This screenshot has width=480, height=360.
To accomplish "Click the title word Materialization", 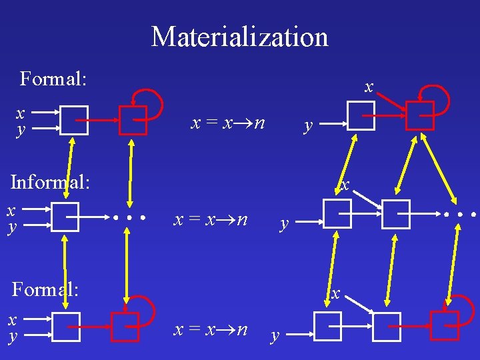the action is pyautogui.click(x=240, y=37).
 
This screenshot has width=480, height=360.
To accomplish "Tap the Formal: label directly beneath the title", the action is pyautogui.click(x=53, y=79).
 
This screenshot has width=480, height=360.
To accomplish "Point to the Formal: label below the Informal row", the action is pyautogui.click(x=45, y=289).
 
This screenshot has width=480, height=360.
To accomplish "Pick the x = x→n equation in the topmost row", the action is pyautogui.click(x=228, y=123).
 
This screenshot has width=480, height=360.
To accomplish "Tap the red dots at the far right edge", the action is pyautogui.click(x=459, y=215).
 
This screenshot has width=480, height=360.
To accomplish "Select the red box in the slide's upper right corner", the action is pyautogui.click(x=420, y=114).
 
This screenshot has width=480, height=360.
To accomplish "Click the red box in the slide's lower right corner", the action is pyautogui.click(x=445, y=326).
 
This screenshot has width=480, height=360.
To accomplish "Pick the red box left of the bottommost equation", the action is pyautogui.click(x=125, y=327).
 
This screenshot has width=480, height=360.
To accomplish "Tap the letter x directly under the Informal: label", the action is pyautogui.click(x=11, y=211).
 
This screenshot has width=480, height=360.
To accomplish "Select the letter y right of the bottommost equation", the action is pyautogui.click(x=274, y=336).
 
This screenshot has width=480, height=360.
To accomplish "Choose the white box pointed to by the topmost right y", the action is pyautogui.click(x=361, y=117).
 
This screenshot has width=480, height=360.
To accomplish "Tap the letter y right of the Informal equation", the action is pyautogui.click(x=285, y=224).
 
